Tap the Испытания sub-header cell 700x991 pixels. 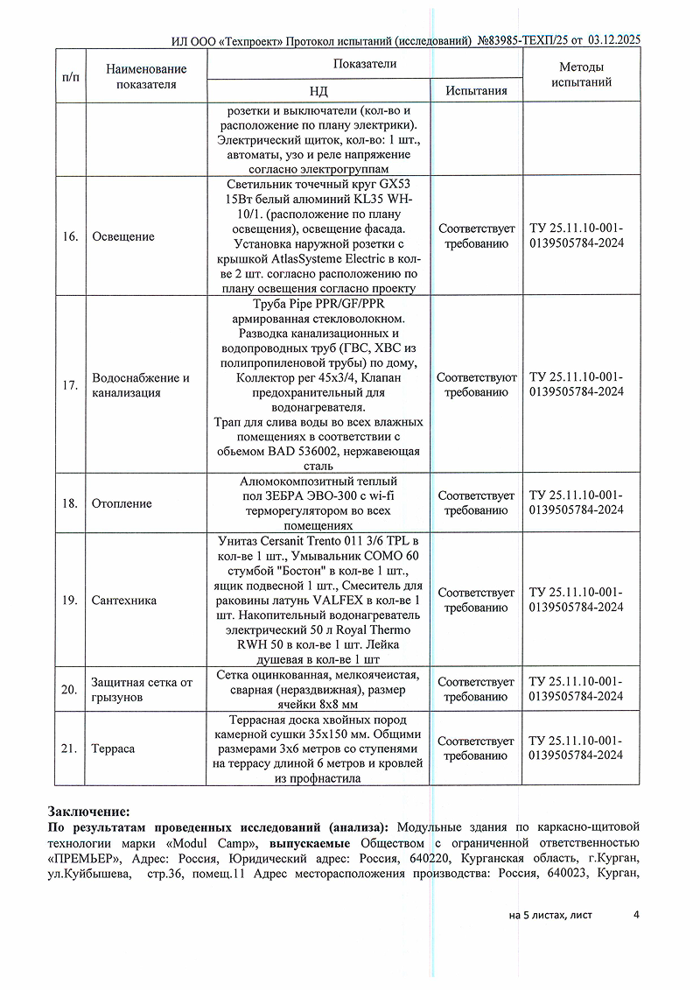tap(476, 91)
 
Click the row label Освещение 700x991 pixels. tap(122, 236)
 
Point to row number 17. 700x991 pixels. tap(69, 386)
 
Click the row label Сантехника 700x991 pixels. tap(123, 601)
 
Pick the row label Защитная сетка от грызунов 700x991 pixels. tap(142, 690)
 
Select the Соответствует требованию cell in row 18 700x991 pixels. tap(476, 503)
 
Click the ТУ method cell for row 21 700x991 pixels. tap(577, 749)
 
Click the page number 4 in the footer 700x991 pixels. tap(636, 915)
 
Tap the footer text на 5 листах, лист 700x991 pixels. tap(549, 915)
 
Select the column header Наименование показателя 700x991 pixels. tap(146, 76)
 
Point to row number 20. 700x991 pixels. tap(69, 690)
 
